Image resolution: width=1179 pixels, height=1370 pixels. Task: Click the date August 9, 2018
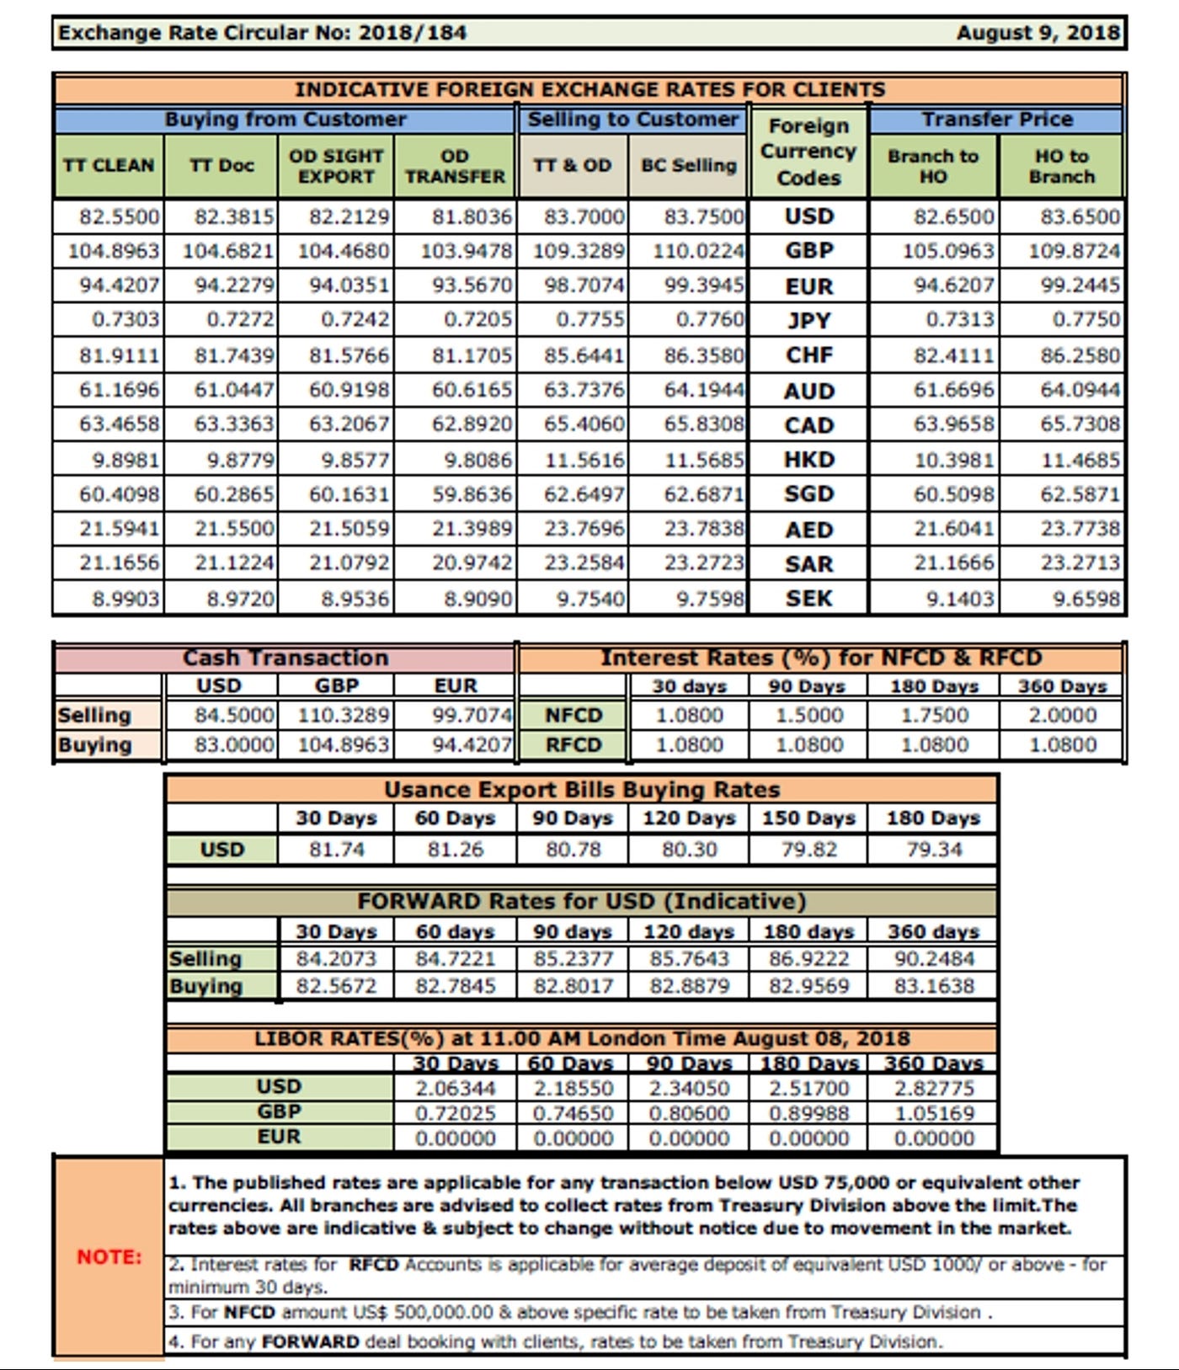1038,33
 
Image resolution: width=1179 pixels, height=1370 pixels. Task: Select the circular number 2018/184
412,33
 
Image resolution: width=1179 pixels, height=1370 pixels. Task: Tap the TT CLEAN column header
109,165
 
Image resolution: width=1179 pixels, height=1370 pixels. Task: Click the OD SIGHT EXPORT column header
336,166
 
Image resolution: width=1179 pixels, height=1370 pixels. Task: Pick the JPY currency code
808,320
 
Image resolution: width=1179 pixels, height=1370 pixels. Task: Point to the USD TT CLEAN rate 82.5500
119,216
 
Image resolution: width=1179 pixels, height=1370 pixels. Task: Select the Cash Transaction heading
285,658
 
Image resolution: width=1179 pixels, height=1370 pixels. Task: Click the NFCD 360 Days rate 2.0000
1062,716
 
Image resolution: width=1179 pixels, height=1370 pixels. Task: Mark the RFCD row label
573,745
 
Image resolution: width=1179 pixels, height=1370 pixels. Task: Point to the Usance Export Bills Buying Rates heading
582,790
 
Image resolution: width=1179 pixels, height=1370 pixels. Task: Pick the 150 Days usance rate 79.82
808,849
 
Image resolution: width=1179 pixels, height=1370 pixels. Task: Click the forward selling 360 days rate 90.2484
934,958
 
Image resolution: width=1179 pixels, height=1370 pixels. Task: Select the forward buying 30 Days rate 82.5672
336,985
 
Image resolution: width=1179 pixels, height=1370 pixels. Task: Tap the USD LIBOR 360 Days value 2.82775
934,1088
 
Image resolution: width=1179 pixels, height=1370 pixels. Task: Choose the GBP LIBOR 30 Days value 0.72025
455,1113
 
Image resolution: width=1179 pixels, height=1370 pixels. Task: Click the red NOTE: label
109,1256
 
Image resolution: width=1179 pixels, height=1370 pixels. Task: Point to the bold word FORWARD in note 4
310,1341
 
